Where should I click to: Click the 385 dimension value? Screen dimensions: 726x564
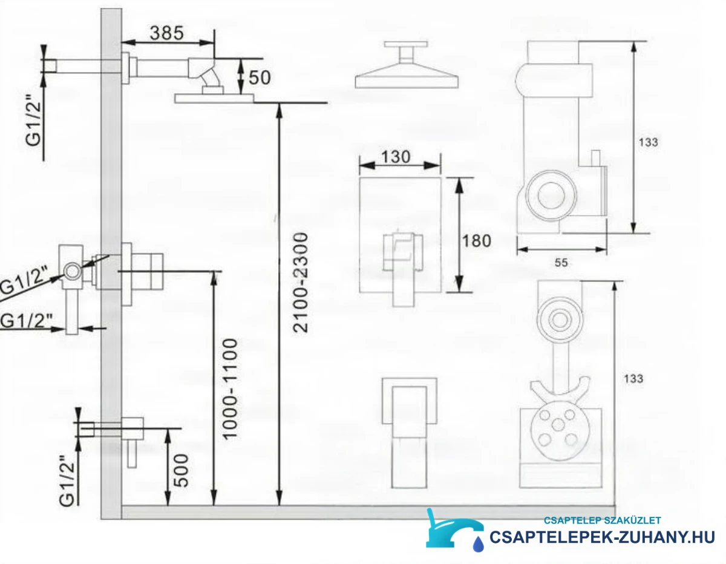(167, 33)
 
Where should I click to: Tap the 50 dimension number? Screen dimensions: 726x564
(260, 77)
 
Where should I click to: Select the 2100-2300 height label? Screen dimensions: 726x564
(300, 283)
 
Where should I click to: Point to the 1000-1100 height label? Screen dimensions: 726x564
(229, 389)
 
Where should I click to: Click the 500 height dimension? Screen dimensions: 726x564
(181, 470)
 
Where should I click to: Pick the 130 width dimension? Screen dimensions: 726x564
(396, 157)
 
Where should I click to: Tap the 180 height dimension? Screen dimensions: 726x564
(476, 241)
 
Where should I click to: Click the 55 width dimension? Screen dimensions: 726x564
(561, 263)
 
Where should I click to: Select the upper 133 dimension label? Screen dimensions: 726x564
(649, 142)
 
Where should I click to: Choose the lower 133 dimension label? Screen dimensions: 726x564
(633, 379)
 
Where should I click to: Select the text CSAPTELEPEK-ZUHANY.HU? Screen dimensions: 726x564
(602, 537)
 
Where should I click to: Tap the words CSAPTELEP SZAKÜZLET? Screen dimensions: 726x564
(603, 520)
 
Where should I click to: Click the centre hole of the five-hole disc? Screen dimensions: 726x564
(558, 425)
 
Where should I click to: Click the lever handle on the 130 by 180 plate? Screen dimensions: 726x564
(404, 270)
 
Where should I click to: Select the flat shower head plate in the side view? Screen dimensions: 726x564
(214, 99)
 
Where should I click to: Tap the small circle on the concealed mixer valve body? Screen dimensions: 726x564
(73, 271)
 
